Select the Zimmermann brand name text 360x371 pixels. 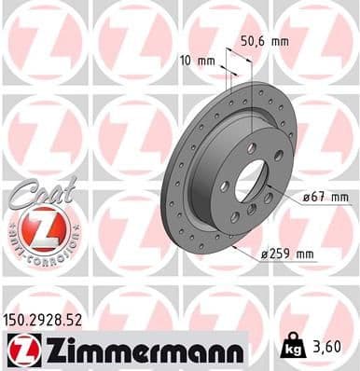click(x=139, y=350)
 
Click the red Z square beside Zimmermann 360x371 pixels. click(x=19, y=350)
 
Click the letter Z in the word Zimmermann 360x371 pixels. click(x=49, y=350)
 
